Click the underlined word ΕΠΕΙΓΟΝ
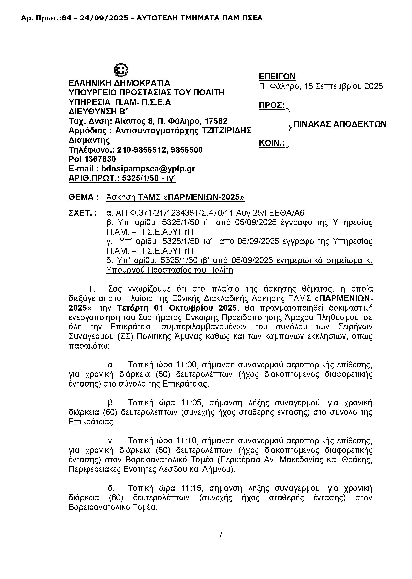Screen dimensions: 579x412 [x=277, y=77]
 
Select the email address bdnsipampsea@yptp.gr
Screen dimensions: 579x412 [x=148, y=169]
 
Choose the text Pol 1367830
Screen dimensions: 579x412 [x=92, y=159]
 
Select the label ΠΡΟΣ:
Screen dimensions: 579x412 [x=271, y=105]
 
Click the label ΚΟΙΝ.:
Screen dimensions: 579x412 [x=271, y=143]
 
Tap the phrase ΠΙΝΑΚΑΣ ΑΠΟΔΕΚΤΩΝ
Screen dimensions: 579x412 [x=340, y=124]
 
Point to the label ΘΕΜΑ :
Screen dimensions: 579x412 [x=84, y=197]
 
